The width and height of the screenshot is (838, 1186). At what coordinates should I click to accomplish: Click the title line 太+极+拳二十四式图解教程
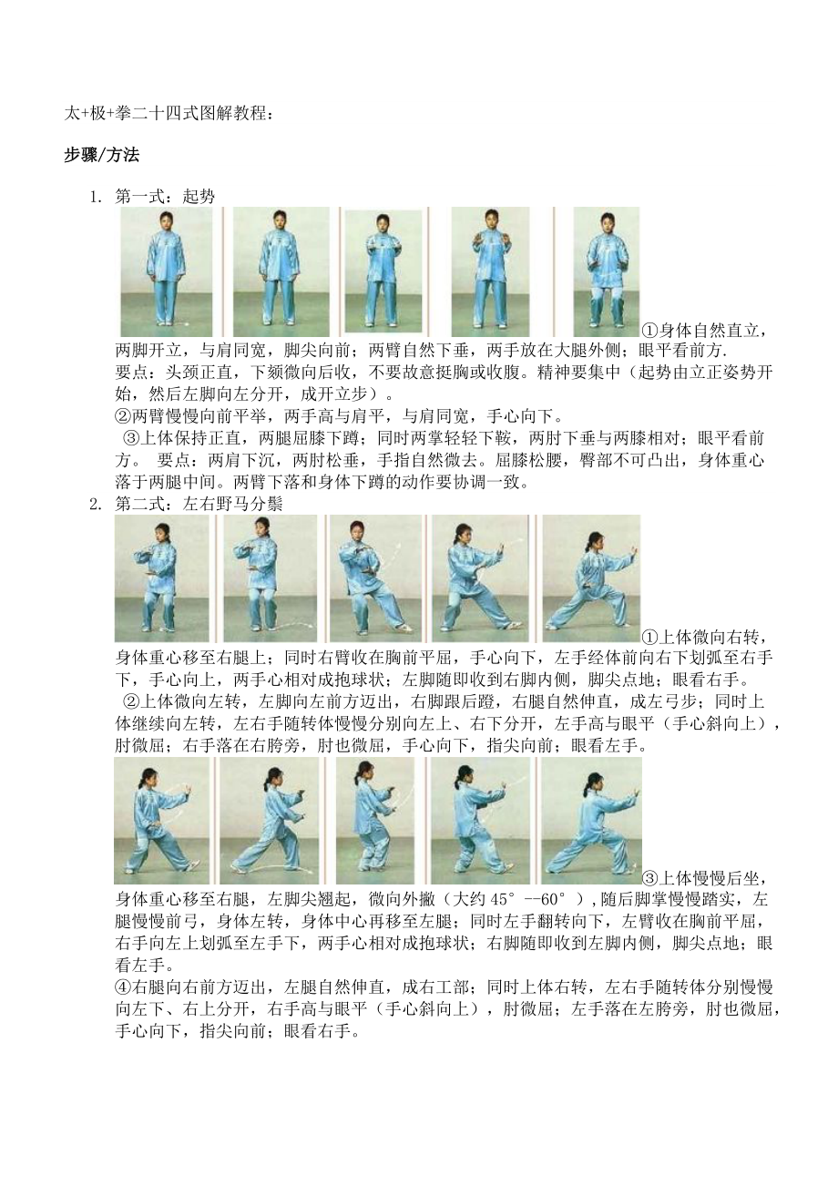coord(168,114)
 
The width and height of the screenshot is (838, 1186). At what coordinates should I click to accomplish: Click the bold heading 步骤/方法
coord(101,155)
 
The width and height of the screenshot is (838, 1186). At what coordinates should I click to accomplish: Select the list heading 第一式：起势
coord(165,196)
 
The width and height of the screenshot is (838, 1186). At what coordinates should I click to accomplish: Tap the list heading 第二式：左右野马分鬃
coord(198,504)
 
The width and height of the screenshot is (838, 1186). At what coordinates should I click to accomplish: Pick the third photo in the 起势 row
coord(383,271)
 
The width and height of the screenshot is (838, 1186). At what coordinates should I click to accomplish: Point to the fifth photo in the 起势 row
coord(606,271)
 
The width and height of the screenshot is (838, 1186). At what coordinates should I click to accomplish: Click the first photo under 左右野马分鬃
coord(161,578)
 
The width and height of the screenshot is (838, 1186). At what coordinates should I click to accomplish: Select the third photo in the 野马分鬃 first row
coord(373,578)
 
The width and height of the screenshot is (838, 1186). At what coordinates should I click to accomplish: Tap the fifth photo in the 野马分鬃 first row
coord(590,578)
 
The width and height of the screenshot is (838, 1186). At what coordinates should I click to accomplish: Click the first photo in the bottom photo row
coord(161,821)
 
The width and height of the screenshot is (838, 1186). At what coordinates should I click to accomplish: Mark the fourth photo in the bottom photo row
coord(480,821)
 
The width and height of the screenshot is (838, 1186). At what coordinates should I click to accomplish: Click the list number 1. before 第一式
coord(94,196)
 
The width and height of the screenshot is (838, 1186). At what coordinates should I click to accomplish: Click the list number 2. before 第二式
coord(94,504)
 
